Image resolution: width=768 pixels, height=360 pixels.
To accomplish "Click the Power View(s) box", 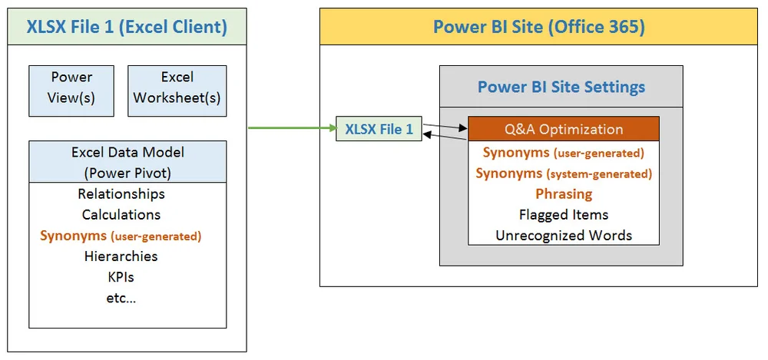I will click(x=71, y=88).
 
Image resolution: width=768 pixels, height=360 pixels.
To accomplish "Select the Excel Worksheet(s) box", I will click(x=177, y=88).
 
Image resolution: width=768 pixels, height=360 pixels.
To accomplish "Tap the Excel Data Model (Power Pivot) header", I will click(x=127, y=162).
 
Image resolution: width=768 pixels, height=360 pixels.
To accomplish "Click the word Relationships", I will click(x=121, y=194).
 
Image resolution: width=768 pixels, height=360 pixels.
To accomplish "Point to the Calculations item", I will click(x=121, y=215).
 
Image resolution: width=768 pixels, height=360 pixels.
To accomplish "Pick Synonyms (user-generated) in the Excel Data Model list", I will click(x=121, y=236).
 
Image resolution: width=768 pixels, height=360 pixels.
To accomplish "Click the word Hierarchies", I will click(x=121, y=256).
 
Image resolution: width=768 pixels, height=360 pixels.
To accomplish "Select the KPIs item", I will click(x=121, y=277).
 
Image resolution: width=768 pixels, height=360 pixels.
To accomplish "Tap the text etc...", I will click(x=121, y=298).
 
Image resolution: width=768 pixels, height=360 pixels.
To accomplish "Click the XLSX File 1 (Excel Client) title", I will click(x=127, y=28).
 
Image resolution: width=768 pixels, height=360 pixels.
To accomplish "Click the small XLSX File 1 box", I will click(x=379, y=129).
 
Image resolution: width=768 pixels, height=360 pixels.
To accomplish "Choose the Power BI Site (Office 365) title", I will click(x=538, y=28).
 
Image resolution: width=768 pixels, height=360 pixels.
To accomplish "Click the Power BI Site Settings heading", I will click(x=561, y=86).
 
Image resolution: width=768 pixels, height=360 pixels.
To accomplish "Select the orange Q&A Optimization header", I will click(x=564, y=129).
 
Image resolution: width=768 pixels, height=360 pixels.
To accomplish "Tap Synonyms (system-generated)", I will click(x=564, y=173).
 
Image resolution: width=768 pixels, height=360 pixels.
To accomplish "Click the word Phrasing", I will click(x=564, y=194).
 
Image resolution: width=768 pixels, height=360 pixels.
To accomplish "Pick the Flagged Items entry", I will click(x=564, y=215).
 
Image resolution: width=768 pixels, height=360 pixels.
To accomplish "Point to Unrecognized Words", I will click(x=564, y=236).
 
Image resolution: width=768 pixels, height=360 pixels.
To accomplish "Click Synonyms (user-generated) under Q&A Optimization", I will click(x=564, y=153).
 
